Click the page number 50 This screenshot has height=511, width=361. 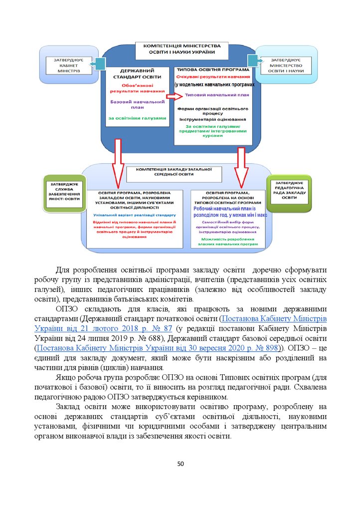click(x=180, y=464)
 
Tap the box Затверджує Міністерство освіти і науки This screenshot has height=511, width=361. click(x=286, y=65)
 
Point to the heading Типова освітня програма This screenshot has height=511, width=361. click(x=212, y=70)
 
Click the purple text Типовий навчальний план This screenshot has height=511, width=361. click(x=217, y=95)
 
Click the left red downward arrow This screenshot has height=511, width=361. click(x=118, y=162)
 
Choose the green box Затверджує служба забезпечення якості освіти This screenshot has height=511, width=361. click(x=62, y=192)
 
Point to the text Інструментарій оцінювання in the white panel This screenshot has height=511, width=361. click(x=213, y=119)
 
